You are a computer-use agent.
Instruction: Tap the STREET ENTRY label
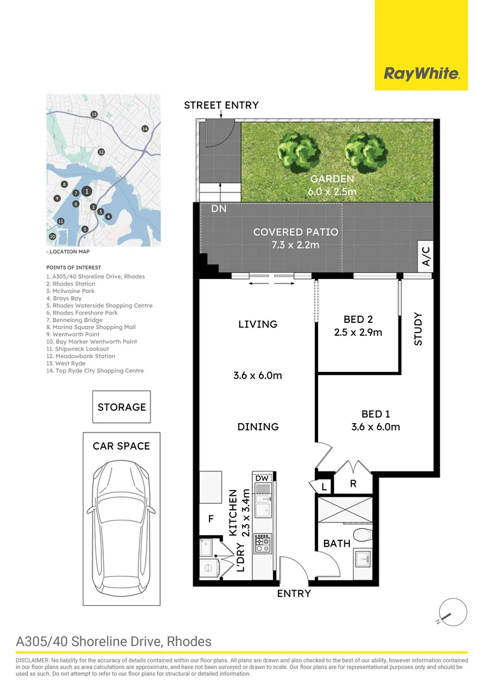[x=221, y=105]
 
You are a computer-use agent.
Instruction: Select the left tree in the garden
[x=298, y=152]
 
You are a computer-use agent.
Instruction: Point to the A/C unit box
[x=426, y=256]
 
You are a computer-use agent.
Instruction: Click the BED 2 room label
[x=358, y=319]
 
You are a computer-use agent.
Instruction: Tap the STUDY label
[x=418, y=329]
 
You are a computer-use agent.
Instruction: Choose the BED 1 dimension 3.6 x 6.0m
[x=375, y=427]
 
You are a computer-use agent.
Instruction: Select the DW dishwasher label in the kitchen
[x=262, y=478]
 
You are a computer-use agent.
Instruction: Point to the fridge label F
[x=211, y=519]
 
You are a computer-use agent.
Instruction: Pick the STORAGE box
[x=122, y=406]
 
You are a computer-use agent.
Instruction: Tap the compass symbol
[x=453, y=612]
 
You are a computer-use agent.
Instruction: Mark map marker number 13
[x=94, y=115]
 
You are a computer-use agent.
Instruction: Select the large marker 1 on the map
[x=87, y=191]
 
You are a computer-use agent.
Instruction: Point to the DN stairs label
[x=219, y=209]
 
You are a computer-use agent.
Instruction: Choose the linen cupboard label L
[x=324, y=487]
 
